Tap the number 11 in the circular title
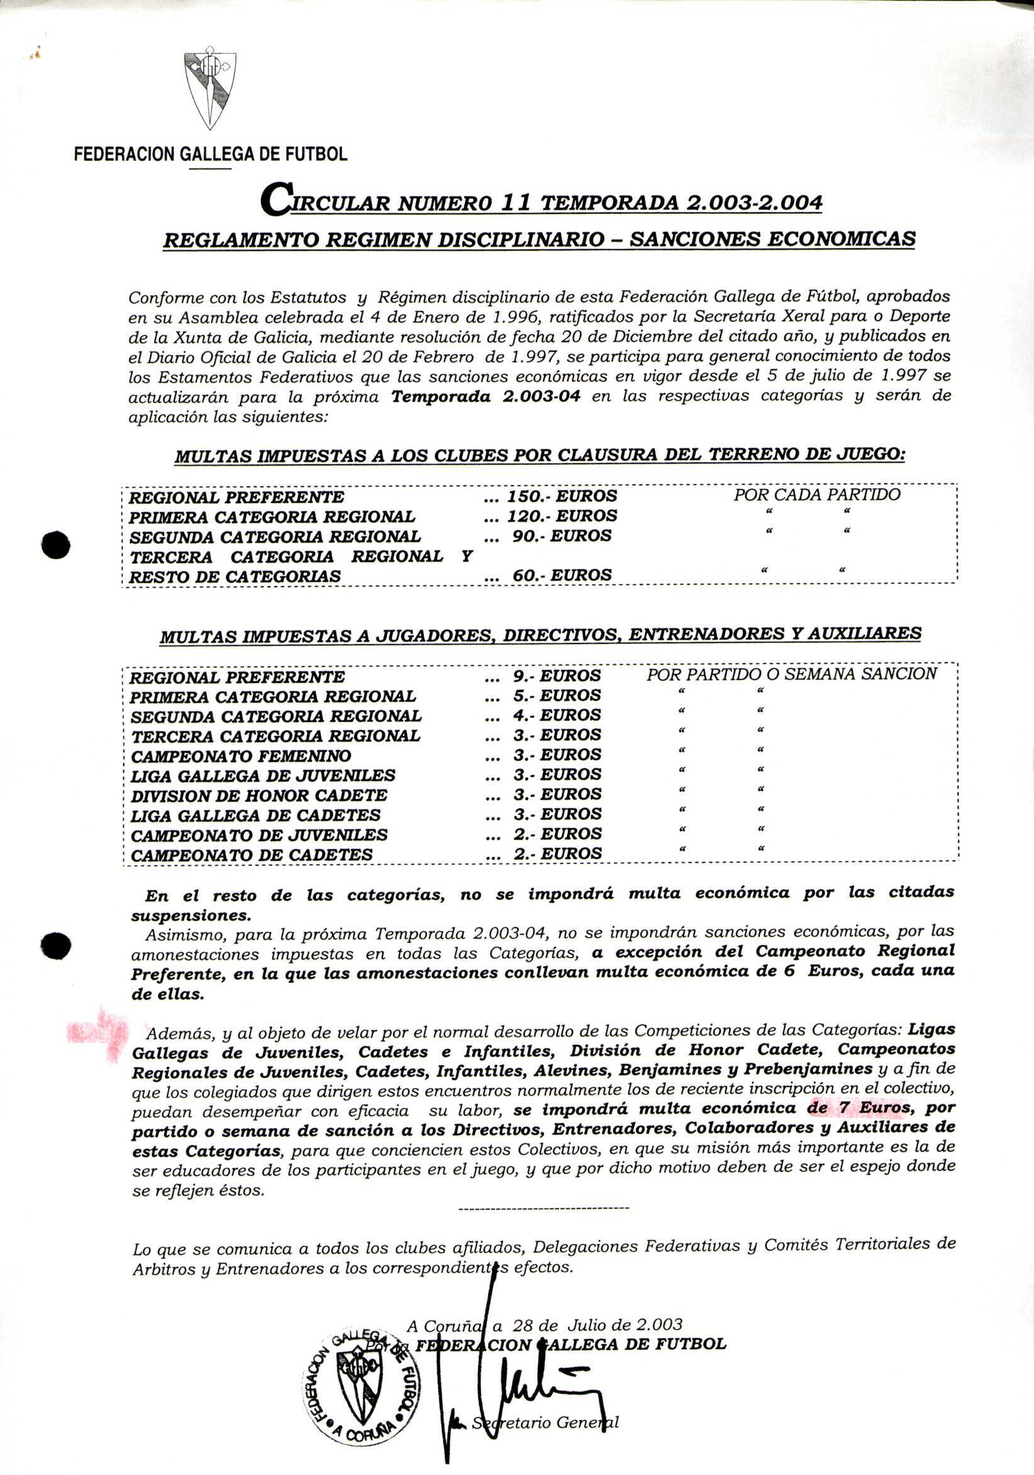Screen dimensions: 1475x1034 coord(514,203)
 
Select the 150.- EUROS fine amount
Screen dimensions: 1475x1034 coord(562,496)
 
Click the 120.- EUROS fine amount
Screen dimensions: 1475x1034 coord(562,516)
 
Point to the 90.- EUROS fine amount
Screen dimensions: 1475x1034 coord(562,536)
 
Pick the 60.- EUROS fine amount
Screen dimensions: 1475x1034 coord(562,575)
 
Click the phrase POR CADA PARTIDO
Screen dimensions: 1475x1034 coord(817,495)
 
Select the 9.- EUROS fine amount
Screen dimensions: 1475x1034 coord(557,676)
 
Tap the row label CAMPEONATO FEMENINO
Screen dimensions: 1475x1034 coord(241,756)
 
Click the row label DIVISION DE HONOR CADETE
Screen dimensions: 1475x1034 coord(259,795)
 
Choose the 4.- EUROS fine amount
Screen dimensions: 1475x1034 coord(557,715)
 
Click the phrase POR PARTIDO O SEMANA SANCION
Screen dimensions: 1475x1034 coord(791,674)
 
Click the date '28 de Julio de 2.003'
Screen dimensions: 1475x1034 coord(597,1325)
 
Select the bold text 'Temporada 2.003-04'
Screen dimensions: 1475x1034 coord(486,396)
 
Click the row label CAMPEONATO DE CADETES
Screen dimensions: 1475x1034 coord(252,855)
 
